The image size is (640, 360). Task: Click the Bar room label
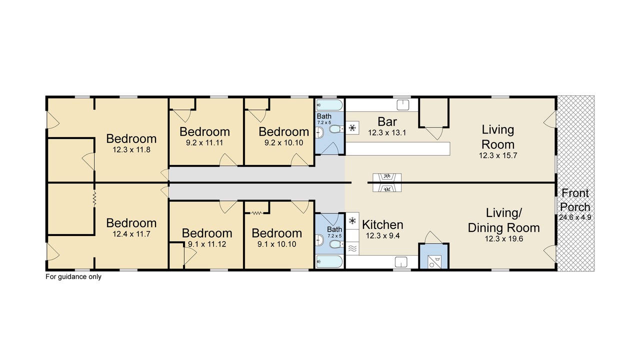(387, 121)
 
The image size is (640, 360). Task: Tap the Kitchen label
(382, 225)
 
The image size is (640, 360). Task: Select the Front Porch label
(575, 200)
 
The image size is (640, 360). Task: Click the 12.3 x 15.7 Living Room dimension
(498, 155)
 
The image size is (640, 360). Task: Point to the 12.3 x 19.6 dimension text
(504, 238)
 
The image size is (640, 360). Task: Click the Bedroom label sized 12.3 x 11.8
(131, 138)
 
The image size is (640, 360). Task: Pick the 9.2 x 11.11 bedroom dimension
(204, 142)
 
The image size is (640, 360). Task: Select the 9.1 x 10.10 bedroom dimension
(277, 244)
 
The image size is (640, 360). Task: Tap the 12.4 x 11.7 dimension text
(131, 234)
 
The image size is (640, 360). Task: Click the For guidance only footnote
(73, 276)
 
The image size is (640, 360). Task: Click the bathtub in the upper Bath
(329, 105)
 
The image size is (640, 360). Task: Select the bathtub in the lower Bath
(329, 261)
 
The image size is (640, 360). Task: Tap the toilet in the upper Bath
(336, 129)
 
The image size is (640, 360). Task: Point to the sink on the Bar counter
(403, 105)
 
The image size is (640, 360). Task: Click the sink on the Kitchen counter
(401, 262)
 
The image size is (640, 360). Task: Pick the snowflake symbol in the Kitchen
(352, 220)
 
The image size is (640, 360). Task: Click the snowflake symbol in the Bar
(352, 127)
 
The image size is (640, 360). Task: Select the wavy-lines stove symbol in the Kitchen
(352, 248)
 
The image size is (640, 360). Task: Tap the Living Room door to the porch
(550, 119)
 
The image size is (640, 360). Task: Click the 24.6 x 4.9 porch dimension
(575, 217)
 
